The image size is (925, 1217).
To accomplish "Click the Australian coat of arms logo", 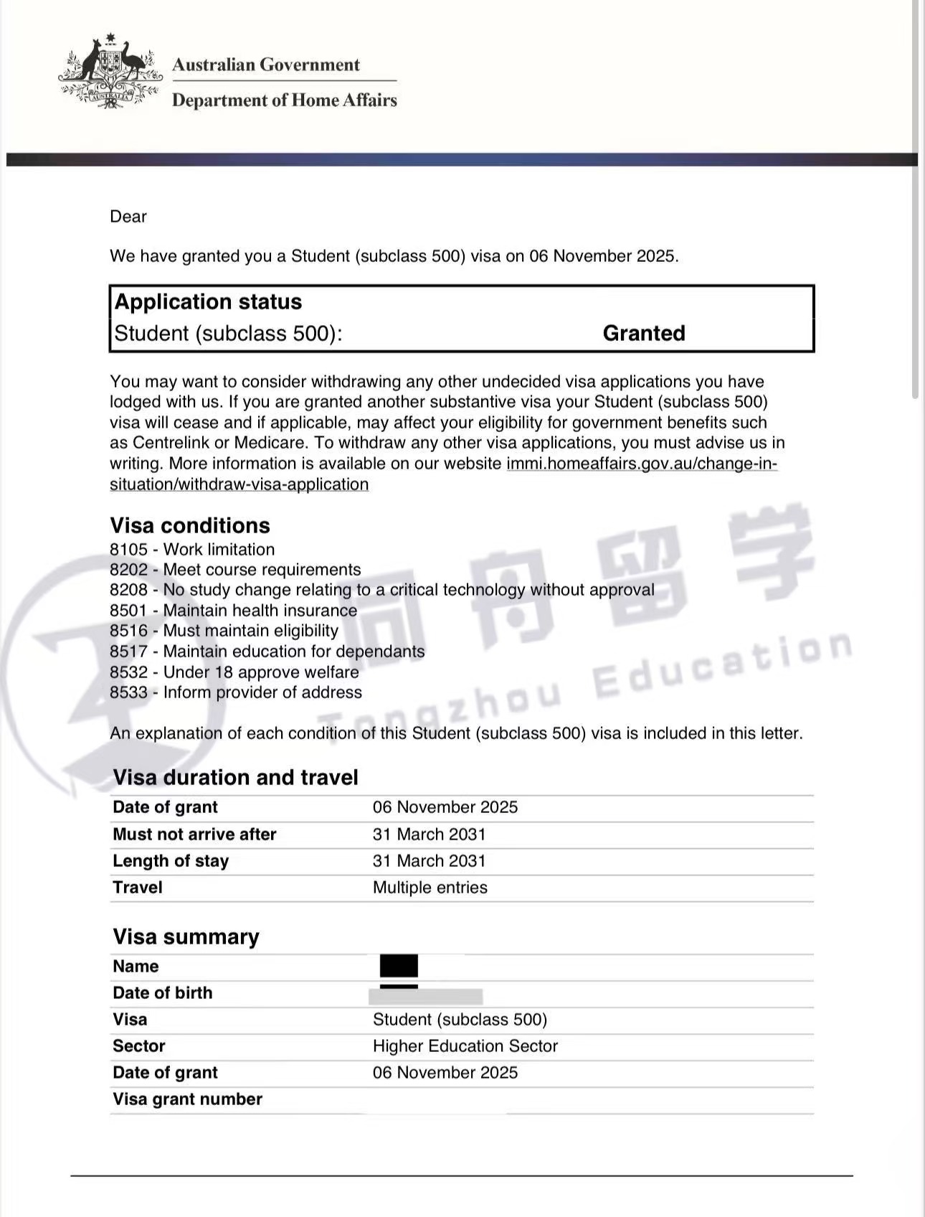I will pyautogui.click(x=110, y=72).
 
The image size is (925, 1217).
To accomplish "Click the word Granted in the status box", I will pyautogui.click(x=643, y=333).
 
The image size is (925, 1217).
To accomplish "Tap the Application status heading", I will pyautogui.click(x=208, y=301).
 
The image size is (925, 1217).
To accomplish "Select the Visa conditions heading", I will pyautogui.click(x=190, y=525).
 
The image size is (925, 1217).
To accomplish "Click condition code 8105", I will pyautogui.click(x=128, y=550).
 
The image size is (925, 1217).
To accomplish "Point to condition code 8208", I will pyautogui.click(x=128, y=590).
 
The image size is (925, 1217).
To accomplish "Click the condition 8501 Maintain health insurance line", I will pyautogui.click(x=233, y=611).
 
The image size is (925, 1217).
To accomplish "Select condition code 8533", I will pyautogui.click(x=128, y=692).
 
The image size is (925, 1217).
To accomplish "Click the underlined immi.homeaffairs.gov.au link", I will pyautogui.click(x=641, y=464).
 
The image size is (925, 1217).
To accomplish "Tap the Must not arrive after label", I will pyautogui.click(x=194, y=835).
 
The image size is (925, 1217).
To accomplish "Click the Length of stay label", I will pyautogui.click(x=171, y=861).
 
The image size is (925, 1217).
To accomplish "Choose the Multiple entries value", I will pyautogui.click(x=430, y=888).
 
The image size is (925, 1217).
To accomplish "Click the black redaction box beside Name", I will pyautogui.click(x=399, y=966).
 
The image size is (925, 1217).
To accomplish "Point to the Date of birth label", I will pyautogui.click(x=163, y=993).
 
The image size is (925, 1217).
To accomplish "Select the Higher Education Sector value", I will pyautogui.click(x=465, y=1046).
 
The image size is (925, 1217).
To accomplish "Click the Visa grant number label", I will pyautogui.click(x=187, y=1099).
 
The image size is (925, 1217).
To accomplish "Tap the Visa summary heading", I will pyautogui.click(x=186, y=936).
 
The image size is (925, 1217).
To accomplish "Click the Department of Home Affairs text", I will pyautogui.click(x=284, y=100).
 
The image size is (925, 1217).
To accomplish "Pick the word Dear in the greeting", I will pyautogui.click(x=128, y=217).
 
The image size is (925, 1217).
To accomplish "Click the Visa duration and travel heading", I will pyautogui.click(x=235, y=777).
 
